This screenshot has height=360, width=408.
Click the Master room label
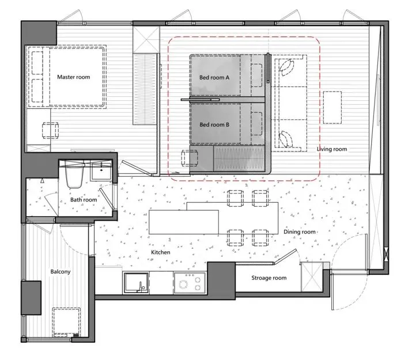[x=73, y=77]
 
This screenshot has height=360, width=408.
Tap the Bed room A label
[x=214, y=78]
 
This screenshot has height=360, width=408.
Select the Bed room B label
[x=214, y=124]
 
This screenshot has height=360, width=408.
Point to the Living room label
[x=332, y=149]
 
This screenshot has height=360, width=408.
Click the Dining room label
[x=299, y=232]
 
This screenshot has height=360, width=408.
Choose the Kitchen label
[x=161, y=252]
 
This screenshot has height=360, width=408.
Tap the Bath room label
[x=84, y=200]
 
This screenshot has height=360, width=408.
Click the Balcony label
[x=61, y=271]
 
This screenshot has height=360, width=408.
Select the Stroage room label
[x=269, y=278]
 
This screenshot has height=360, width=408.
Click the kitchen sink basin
[x=136, y=283]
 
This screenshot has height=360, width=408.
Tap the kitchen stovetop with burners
[x=190, y=283]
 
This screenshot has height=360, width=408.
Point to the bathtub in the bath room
[x=74, y=175]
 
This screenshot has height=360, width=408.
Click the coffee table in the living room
[x=333, y=108]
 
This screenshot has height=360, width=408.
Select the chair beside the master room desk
[x=51, y=130]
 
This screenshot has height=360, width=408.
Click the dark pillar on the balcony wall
[x=31, y=298]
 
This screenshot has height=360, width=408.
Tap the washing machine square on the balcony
[x=66, y=323]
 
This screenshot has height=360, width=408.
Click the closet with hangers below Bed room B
[x=239, y=158]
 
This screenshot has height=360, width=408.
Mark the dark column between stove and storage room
[x=221, y=281]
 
